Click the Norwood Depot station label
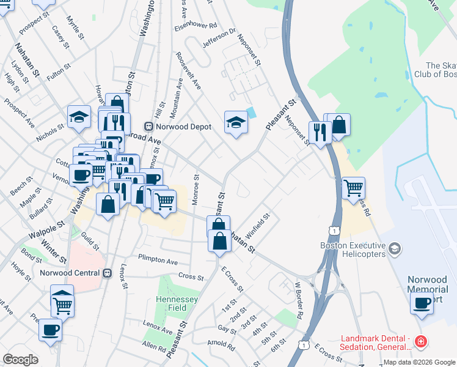click(x=183, y=127)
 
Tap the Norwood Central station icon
click(x=107, y=273)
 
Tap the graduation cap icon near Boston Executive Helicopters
click(x=395, y=248)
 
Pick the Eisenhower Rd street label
click(x=196, y=26)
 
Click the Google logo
click(x=21, y=360)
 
